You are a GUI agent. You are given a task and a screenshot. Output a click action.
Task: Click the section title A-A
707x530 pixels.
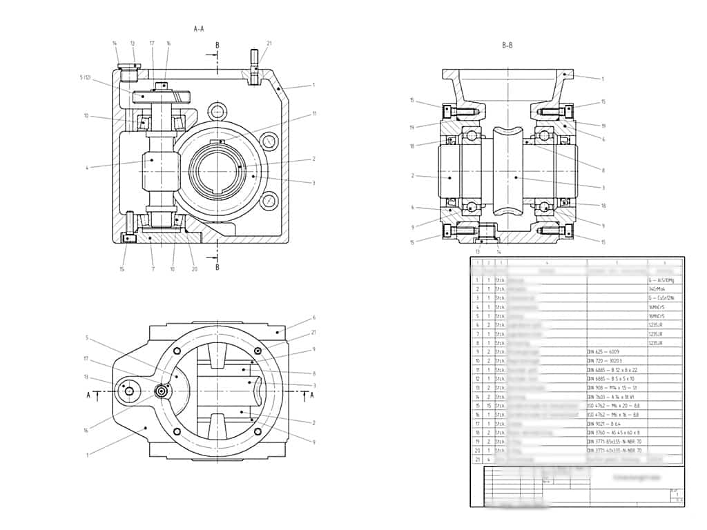point(199,29)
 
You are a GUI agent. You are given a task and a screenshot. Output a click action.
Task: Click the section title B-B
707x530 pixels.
point(507,46)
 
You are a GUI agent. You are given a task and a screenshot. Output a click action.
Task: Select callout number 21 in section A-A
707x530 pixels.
point(269,43)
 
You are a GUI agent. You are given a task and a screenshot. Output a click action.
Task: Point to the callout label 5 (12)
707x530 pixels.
point(86,77)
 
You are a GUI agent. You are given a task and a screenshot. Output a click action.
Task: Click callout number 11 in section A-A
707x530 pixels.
point(313,113)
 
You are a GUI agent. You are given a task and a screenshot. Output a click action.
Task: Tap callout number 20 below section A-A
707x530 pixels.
point(195,268)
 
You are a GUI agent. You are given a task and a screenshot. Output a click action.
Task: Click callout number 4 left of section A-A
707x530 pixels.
point(87,167)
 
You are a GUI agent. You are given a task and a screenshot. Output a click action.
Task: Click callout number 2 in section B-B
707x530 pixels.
point(412,176)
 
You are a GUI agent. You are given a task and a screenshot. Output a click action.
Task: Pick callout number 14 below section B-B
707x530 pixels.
point(498,252)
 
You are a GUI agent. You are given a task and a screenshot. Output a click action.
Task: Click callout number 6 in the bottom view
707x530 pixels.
point(313,317)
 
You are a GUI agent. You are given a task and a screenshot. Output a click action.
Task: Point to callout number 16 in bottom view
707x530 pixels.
point(86,430)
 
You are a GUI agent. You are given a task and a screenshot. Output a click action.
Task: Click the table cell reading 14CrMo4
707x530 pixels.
point(657,289)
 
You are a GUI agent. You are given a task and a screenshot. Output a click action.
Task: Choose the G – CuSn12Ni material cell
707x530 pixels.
point(658,297)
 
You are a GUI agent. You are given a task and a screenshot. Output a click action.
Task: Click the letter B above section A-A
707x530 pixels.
point(217,46)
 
